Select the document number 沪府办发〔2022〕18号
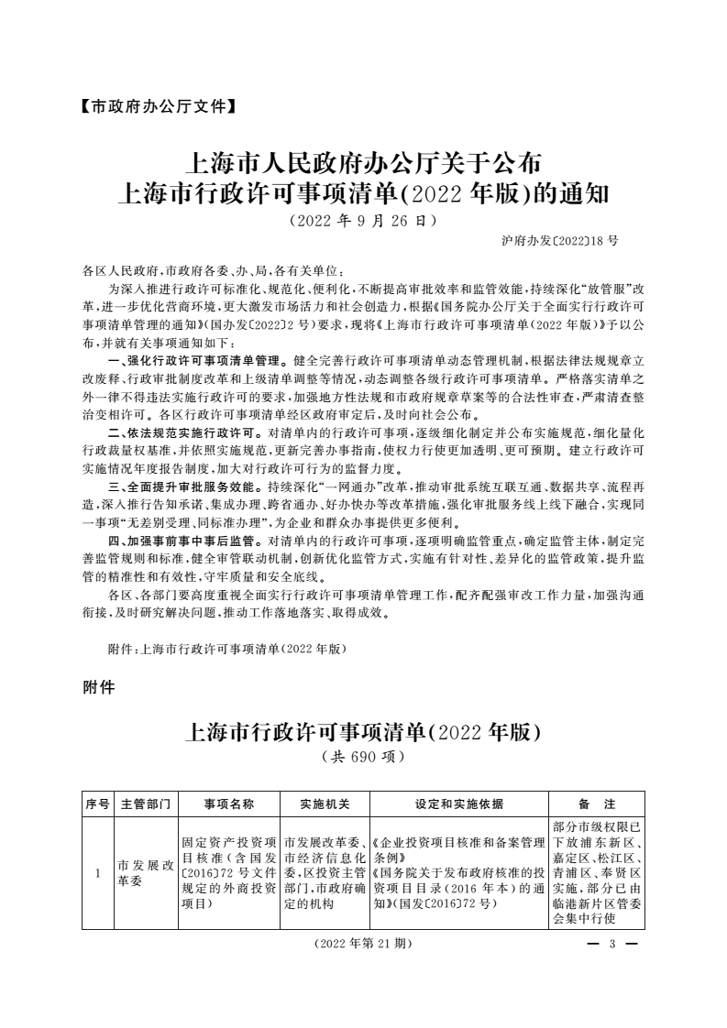560,241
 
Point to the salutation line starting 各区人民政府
213,271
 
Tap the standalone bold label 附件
98,688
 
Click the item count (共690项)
363,758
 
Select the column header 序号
97,804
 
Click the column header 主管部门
145,804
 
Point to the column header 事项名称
228,804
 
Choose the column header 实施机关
325,804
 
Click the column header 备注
597,804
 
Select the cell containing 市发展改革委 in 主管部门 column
145,873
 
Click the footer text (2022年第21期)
362,943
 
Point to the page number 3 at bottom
610,943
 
